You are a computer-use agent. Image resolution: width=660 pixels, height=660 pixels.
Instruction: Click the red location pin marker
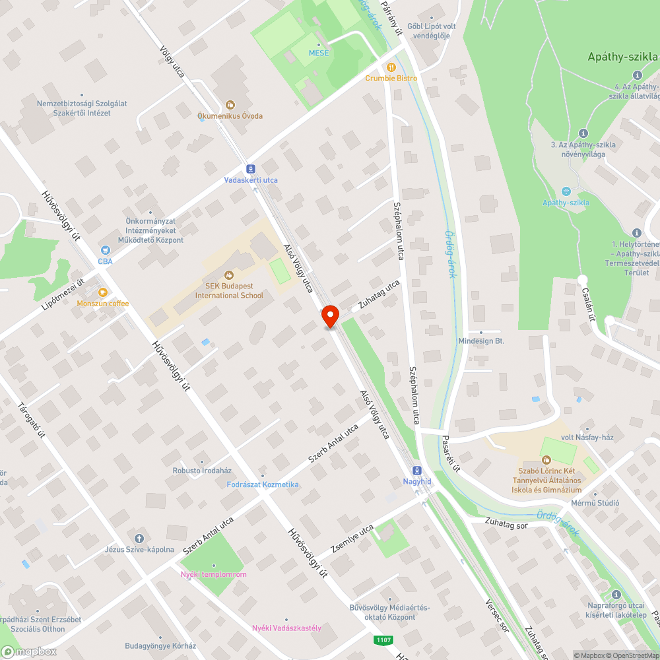point(329,316)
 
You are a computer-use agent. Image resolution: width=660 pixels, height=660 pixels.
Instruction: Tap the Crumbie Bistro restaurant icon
point(391,67)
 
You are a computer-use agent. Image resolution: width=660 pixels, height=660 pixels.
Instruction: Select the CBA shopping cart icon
point(105,250)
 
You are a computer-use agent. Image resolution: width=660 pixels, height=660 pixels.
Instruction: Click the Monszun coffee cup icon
point(102,292)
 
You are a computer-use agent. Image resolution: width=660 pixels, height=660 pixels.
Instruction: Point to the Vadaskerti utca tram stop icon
point(251,169)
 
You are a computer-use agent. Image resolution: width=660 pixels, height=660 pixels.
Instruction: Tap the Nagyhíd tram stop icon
point(417,471)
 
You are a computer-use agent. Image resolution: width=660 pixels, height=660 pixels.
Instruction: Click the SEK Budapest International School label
point(229,290)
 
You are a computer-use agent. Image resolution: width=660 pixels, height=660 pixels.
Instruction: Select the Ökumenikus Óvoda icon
point(230,104)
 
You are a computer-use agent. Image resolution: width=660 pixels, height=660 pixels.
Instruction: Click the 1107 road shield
point(382,640)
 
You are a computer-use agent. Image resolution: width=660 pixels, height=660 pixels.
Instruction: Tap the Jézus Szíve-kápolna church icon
point(139,539)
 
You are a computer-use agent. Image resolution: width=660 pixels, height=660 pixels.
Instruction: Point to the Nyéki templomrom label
point(214,574)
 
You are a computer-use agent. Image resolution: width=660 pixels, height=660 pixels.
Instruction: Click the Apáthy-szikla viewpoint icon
point(566,191)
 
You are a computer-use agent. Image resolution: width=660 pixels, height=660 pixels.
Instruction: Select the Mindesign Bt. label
point(481,341)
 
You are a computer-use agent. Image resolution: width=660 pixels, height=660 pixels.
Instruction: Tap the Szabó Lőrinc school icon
point(546,459)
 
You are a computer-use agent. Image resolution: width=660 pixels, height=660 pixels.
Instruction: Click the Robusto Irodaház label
point(202,471)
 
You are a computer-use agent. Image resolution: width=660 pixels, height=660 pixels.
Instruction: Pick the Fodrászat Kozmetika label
point(263,484)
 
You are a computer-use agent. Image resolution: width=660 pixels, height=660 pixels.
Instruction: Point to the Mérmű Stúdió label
point(595,503)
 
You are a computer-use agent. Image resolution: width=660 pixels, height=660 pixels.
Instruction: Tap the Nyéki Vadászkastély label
point(287,628)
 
